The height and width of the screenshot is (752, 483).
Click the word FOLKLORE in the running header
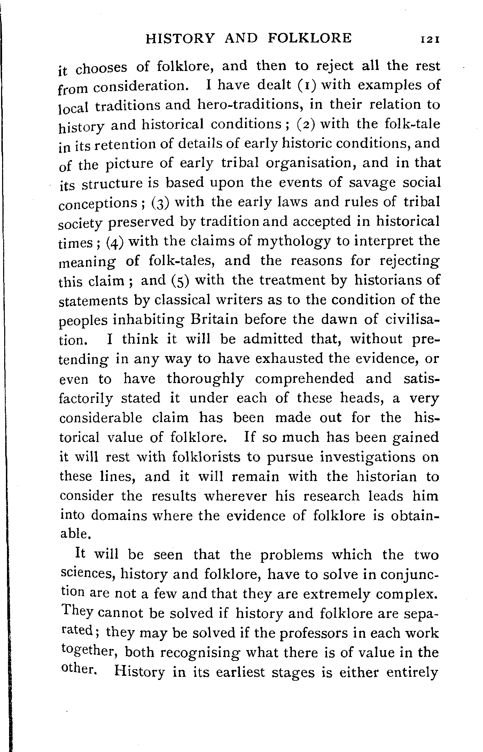click(310, 38)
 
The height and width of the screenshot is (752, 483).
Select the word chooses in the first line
click(101, 68)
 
